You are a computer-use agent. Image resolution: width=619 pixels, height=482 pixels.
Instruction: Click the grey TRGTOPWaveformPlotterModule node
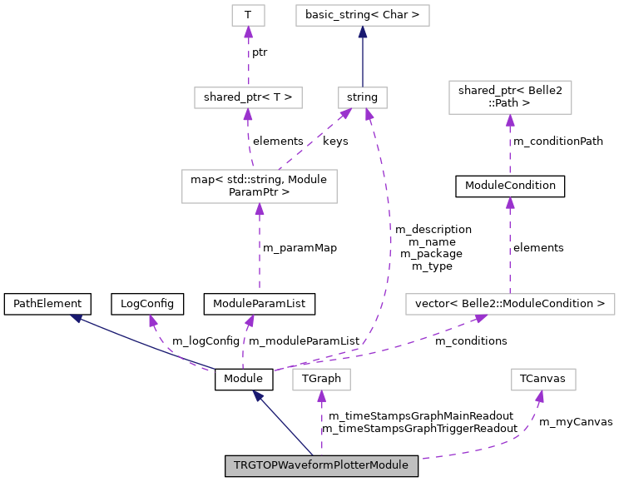[321, 465]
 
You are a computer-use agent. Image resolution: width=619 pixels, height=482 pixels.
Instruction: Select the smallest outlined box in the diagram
[248, 15]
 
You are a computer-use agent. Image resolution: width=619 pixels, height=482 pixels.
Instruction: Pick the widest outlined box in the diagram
[510, 304]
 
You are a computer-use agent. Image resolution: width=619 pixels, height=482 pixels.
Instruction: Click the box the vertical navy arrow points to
[363, 15]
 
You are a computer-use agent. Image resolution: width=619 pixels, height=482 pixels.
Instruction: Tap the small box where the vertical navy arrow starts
[363, 97]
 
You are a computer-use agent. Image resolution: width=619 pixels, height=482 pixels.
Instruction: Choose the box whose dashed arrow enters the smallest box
[248, 97]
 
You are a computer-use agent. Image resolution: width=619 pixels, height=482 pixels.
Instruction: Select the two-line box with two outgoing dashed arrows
[260, 186]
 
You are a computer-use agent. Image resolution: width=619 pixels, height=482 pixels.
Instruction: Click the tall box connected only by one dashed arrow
[510, 97]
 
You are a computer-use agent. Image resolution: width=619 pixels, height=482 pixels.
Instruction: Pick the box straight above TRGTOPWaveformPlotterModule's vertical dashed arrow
[321, 380]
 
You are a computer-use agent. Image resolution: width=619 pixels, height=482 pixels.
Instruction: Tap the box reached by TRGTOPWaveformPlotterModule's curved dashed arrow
[543, 380]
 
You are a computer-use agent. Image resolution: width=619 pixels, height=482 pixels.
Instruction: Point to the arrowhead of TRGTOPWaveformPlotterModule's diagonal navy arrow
[258, 396]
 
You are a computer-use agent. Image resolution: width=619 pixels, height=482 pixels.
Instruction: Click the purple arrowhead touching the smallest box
[248, 32]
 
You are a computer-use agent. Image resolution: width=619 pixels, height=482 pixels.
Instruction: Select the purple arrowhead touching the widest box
[481, 318]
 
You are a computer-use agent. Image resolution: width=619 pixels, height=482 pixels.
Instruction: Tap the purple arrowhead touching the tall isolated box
[510, 120]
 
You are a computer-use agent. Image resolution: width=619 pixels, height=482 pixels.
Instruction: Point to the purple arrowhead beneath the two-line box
[260, 209]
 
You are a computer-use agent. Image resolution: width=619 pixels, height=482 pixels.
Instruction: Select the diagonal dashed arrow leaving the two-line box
[312, 142]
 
